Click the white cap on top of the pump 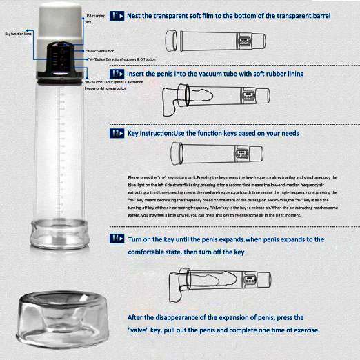(61, 21)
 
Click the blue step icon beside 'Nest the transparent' (117, 14)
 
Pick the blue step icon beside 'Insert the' (117, 73)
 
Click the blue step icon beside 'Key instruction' (117, 132)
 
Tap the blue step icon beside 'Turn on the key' (117, 238)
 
